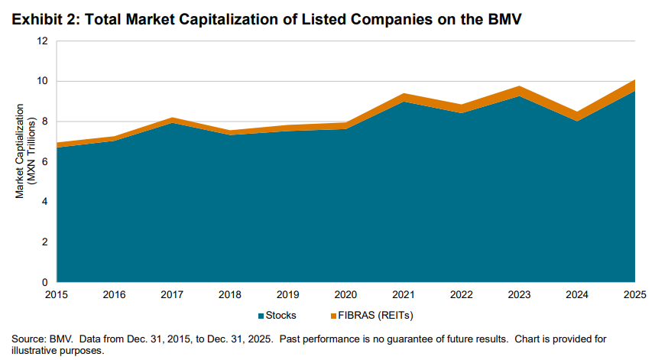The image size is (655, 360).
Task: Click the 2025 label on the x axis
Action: (x=634, y=294)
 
